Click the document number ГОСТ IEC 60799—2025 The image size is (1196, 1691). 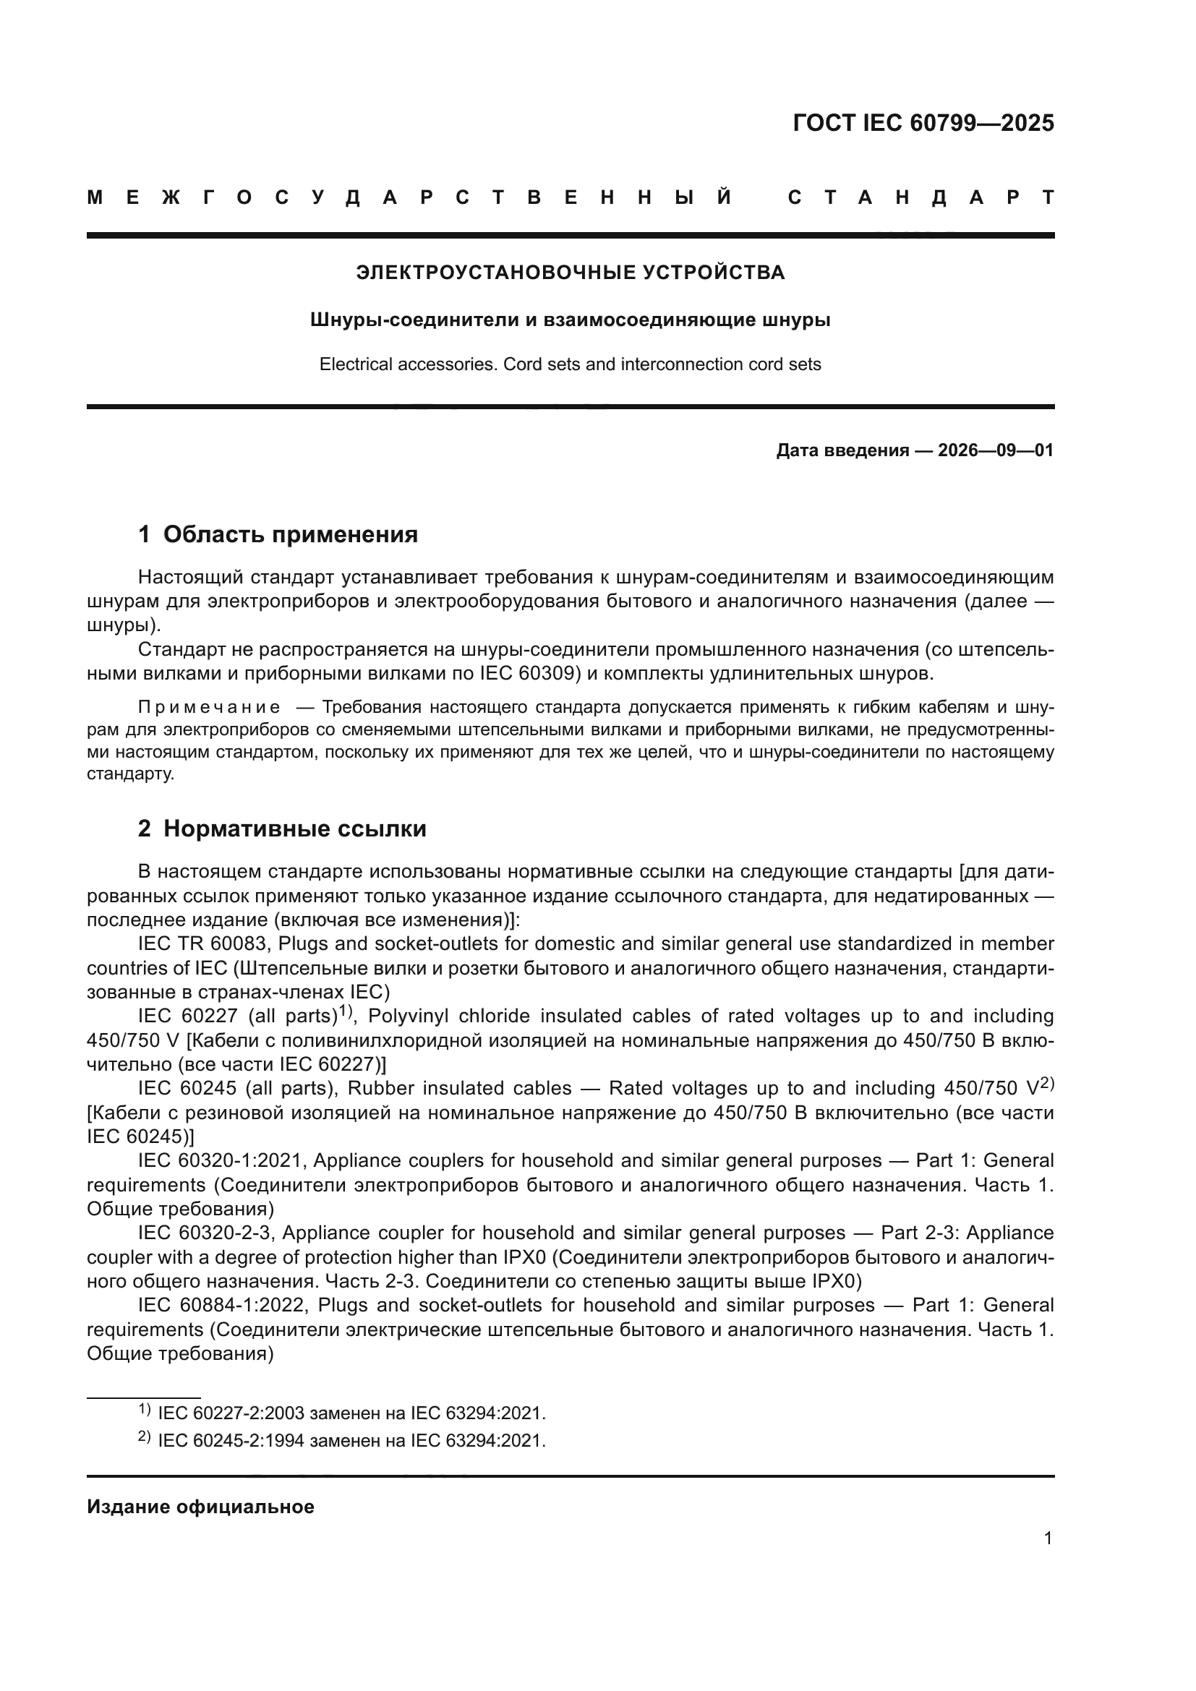coord(923,123)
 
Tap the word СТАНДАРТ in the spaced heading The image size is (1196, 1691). coord(921,198)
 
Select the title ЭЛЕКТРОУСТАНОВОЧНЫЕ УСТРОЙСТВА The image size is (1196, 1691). coord(570,273)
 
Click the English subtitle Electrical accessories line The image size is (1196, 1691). coord(570,364)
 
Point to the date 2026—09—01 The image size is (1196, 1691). coord(996,450)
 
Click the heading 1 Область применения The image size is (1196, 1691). coord(278,535)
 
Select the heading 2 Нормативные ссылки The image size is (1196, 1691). coord(282,829)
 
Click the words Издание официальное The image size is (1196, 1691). coord(200,1507)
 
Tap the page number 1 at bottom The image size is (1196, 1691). coord(1047,1538)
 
